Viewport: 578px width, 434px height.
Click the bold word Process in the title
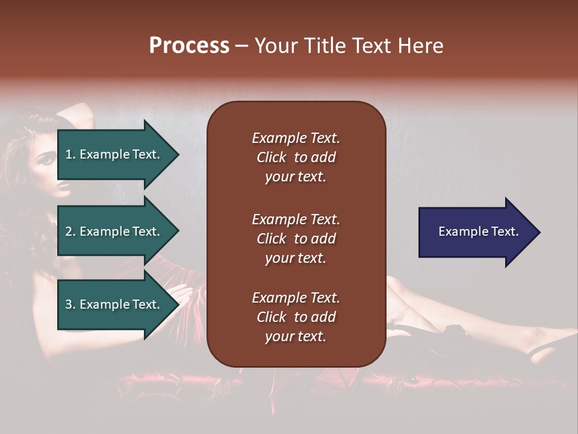click(x=189, y=46)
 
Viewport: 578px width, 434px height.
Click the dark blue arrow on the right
click(x=476, y=232)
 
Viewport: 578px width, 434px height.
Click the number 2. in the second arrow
click(x=70, y=231)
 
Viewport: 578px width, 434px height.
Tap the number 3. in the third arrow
click(x=70, y=304)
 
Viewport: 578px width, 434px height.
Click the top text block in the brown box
click(x=296, y=157)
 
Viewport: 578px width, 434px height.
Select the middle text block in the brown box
click(x=296, y=239)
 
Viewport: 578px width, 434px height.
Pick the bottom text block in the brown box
click(x=296, y=317)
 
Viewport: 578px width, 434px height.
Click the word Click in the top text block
click(x=271, y=157)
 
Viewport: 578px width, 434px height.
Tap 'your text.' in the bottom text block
click(x=296, y=336)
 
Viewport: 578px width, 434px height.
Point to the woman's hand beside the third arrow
click(x=184, y=295)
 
